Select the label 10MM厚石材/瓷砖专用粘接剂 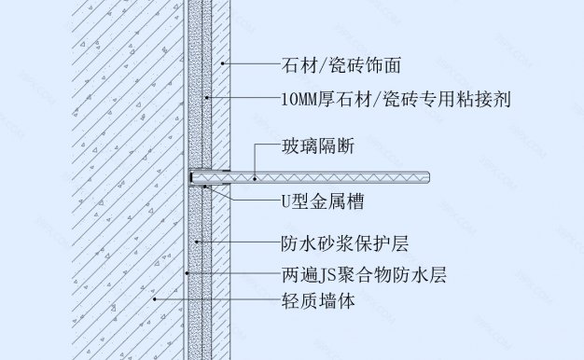[396, 97]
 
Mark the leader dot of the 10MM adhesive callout [208, 97]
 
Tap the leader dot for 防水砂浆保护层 [196, 243]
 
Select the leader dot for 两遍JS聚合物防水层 [187, 275]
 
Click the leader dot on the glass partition [254, 174]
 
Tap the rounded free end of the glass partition [428, 174]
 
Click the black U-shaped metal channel [192, 175]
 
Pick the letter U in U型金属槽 [286, 199]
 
